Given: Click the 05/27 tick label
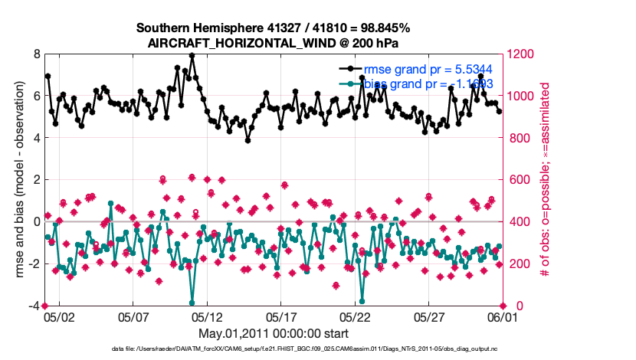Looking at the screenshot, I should tap(429, 316).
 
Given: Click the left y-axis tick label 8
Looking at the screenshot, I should tap(37, 54).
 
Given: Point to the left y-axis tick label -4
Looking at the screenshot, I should tap(34, 306).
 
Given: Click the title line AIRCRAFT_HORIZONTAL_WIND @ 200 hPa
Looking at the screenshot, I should tap(273, 43).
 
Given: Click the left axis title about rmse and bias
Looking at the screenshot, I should tap(15, 181).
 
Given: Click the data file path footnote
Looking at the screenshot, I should tap(273, 350).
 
